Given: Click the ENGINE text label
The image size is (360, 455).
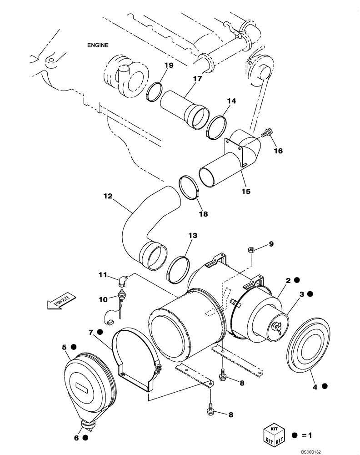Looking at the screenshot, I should click(x=98, y=45).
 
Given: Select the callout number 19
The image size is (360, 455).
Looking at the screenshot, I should click(x=169, y=66).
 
